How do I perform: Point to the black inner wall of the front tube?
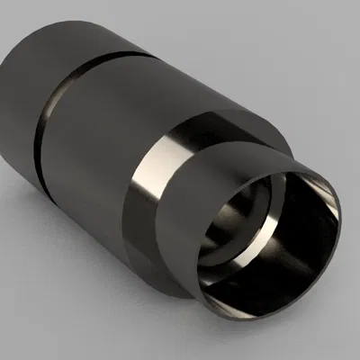pos(288,261)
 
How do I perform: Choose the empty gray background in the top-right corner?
pos(333,27)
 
